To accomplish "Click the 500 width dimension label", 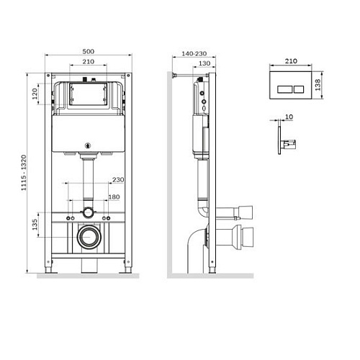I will pos(87,52).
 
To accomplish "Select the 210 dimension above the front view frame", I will pos(87,63).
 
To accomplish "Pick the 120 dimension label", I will pos(35,95).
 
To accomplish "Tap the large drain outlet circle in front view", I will pos(87,235).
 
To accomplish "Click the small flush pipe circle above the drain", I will pos(87,213).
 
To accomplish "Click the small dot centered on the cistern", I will pos(87,143).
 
